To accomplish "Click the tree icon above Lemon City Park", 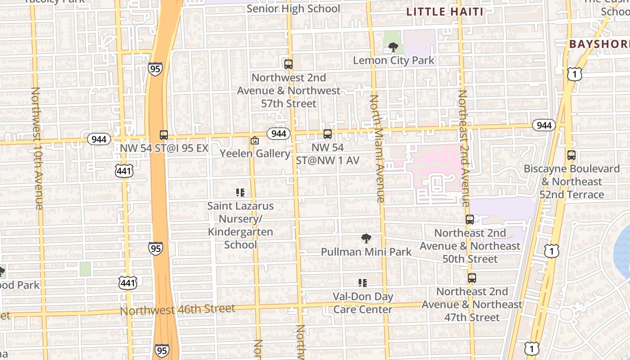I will (393, 47).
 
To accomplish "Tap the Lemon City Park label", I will (394, 60).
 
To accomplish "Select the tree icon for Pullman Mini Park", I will (366, 238).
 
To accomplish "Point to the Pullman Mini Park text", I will (366, 252).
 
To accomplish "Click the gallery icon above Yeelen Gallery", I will (255, 141).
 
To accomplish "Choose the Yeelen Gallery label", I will (255, 153).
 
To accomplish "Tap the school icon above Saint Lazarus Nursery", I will (240, 193).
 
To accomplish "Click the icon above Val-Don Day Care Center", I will (363, 283).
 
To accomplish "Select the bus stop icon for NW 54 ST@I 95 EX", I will (164, 135).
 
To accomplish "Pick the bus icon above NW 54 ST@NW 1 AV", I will (328, 134).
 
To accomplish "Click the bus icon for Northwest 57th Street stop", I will (288, 64).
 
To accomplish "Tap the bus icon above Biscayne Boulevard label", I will (571, 156).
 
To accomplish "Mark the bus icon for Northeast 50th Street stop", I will (470, 220).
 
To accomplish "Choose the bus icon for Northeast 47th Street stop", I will (472, 278).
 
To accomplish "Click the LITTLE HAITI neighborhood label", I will (445, 12).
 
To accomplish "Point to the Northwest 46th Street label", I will (178, 310).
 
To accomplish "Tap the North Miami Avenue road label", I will (377, 148).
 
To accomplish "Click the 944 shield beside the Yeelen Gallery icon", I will (279, 134).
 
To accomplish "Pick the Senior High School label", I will (293, 9).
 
